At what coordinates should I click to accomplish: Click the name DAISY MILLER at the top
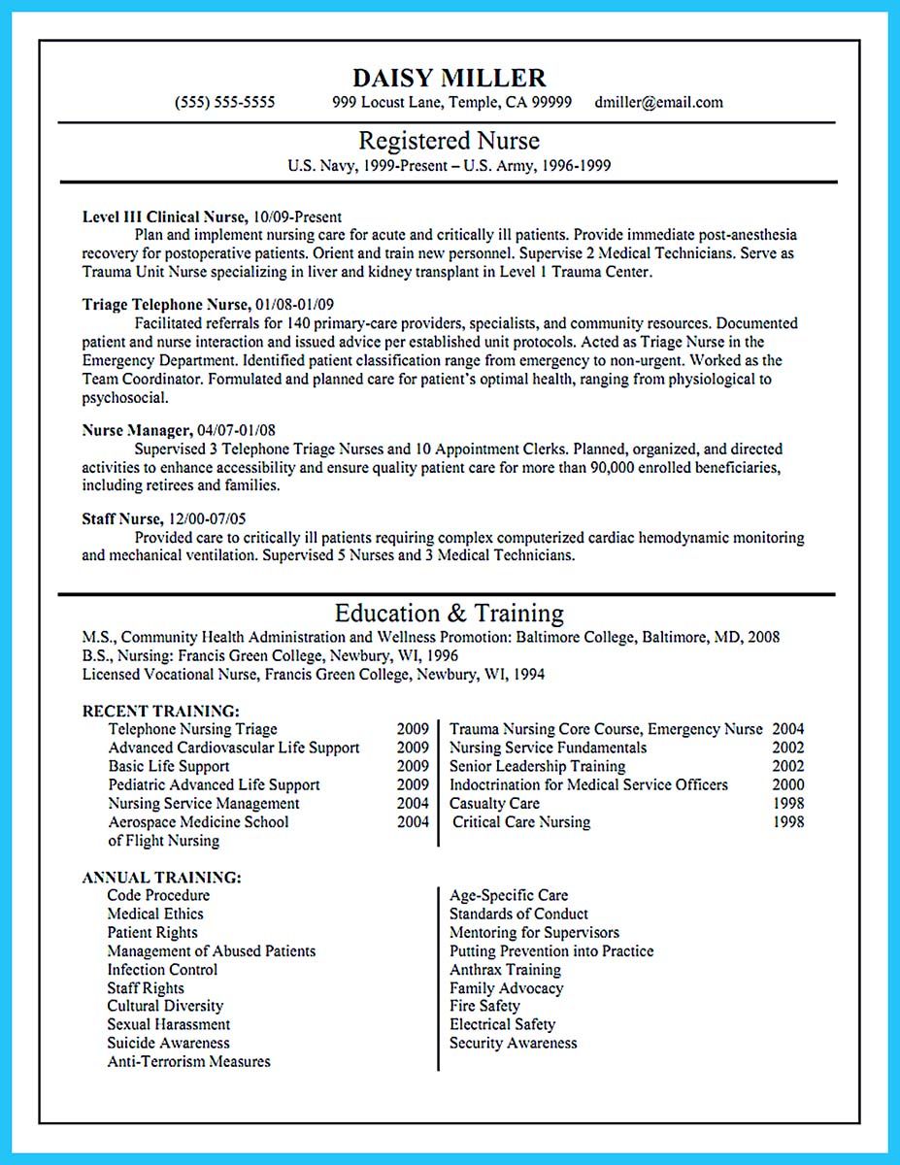click(x=449, y=78)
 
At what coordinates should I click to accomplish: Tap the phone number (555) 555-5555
click(x=224, y=103)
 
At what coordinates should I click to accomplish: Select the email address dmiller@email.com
click(x=659, y=103)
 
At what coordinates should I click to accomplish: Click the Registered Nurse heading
click(x=449, y=141)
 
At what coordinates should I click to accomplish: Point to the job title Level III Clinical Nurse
click(x=164, y=217)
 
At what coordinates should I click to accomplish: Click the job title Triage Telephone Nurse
click(x=166, y=305)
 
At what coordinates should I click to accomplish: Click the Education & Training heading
click(x=449, y=614)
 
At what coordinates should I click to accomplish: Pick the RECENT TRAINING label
click(x=160, y=711)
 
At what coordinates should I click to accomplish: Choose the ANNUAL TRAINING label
click(x=161, y=877)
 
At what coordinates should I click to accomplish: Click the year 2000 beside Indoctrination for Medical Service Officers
click(x=787, y=784)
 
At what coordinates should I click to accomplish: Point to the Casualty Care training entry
click(x=494, y=803)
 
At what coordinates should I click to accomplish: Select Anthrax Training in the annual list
click(x=505, y=970)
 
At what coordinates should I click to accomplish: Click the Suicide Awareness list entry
click(x=168, y=1044)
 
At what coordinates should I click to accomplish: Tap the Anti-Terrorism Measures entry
click(x=188, y=1062)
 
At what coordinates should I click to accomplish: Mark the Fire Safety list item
click(x=484, y=1007)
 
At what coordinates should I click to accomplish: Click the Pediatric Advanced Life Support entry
click(x=214, y=784)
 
